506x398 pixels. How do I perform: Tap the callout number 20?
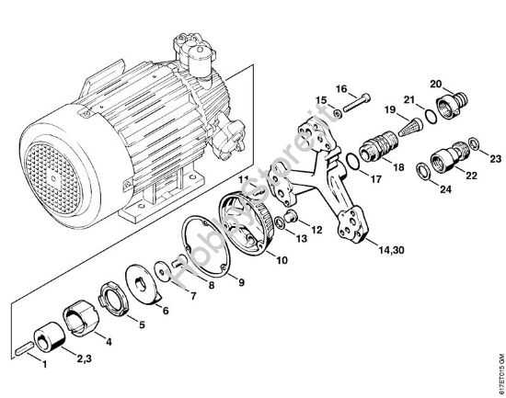(462, 83)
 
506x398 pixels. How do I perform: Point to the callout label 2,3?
(84, 356)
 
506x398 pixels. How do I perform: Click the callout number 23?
(495, 159)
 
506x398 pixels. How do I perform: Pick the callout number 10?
(281, 260)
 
